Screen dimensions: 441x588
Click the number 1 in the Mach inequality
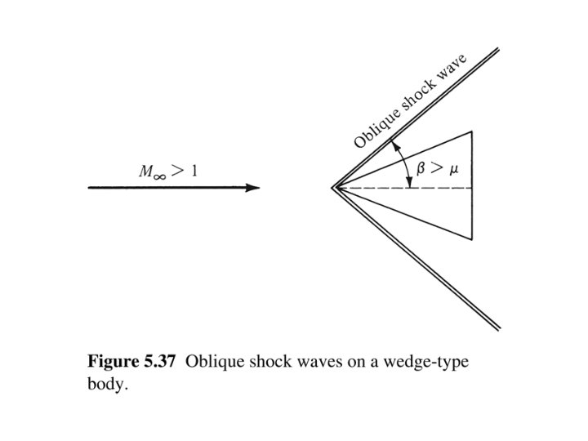(194, 171)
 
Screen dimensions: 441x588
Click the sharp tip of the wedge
(333, 188)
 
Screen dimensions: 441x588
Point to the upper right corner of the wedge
(472, 131)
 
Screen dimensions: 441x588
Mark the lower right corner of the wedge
(472, 240)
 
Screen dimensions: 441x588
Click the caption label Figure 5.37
(131, 362)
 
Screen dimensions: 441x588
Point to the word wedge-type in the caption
(431, 362)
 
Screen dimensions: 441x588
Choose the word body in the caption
(106, 383)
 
